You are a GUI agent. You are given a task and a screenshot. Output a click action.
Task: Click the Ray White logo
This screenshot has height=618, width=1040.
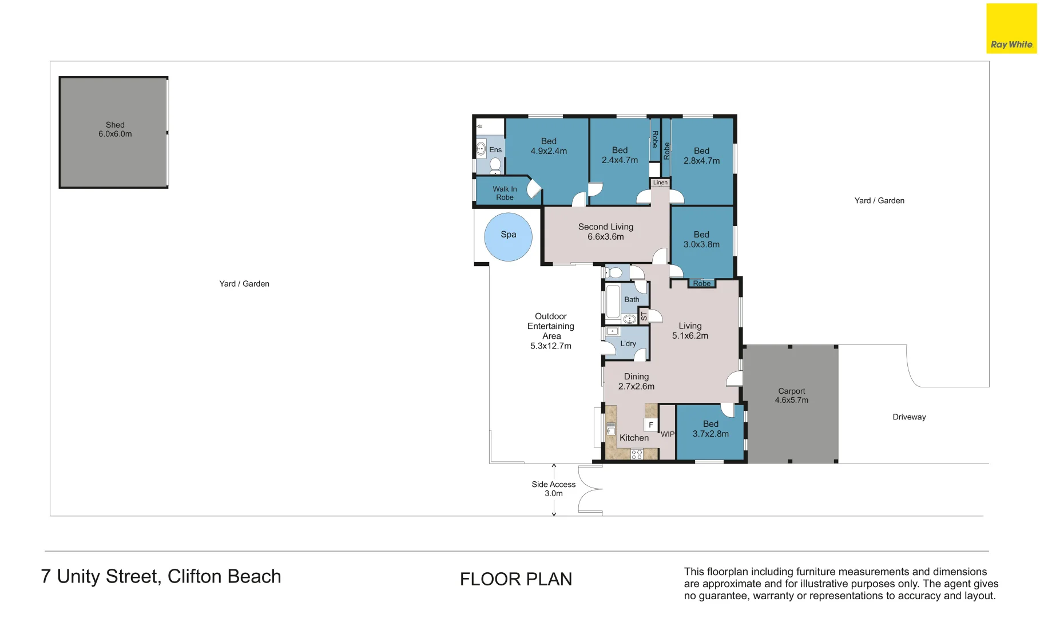pyautogui.click(x=1011, y=29)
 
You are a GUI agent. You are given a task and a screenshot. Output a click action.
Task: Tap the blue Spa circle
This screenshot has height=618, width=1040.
pyautogui.click(x=508, y=236)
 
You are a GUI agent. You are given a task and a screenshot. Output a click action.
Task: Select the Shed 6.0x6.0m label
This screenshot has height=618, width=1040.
pyautogui.click(x=115, y=129)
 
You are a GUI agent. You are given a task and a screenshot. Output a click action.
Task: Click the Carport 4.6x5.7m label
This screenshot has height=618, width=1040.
pyautogui.click(x=792, y=395)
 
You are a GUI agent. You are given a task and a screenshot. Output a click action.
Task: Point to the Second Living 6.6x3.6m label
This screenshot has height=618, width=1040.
pyautogui.click(x=606, y=232)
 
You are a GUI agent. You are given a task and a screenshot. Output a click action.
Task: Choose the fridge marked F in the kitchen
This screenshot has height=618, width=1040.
pyautogui.click(x=650, y=425)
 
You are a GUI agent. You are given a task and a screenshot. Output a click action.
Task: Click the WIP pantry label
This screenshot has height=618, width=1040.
pyautogui.click(x=668, y=434)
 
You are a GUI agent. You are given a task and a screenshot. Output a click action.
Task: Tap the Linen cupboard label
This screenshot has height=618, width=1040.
pyautogui.click(x=660, y=183)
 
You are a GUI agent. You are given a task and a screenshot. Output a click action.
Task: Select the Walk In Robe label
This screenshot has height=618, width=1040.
pyautogui.click(x=505, y=193)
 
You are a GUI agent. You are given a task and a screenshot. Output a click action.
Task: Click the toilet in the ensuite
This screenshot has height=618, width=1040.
pyautogui.click(x=495, y=166)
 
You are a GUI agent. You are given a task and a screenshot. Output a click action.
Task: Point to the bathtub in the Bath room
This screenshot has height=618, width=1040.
pyautogui.click(x=613, y=301)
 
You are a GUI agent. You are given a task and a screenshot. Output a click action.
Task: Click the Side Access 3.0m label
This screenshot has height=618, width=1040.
pyautogui.click(x=553, y=489)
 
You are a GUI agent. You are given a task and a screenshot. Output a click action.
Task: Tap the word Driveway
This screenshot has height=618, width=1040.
pyautogui.click(x=909, y=417)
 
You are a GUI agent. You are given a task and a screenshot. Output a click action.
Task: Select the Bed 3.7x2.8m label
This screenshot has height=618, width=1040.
pyautogui.click(x=710, y=429)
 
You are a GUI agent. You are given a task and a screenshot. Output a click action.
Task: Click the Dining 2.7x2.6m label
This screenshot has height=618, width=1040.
pyautogui.click(x=636, y=381)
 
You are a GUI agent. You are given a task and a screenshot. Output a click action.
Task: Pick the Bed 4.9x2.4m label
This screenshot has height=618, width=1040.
pyautogui.click(x=549, y=146)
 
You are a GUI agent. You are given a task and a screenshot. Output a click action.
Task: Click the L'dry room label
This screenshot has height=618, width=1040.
pyautogui.click(x=628, y=343)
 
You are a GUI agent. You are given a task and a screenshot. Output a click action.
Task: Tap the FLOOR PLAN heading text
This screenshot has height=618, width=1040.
pyautogui.click(x=516, y=579)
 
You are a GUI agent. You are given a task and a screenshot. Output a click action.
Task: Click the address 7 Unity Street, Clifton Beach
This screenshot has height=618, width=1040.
pyautogui.click(x=161, y=577)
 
